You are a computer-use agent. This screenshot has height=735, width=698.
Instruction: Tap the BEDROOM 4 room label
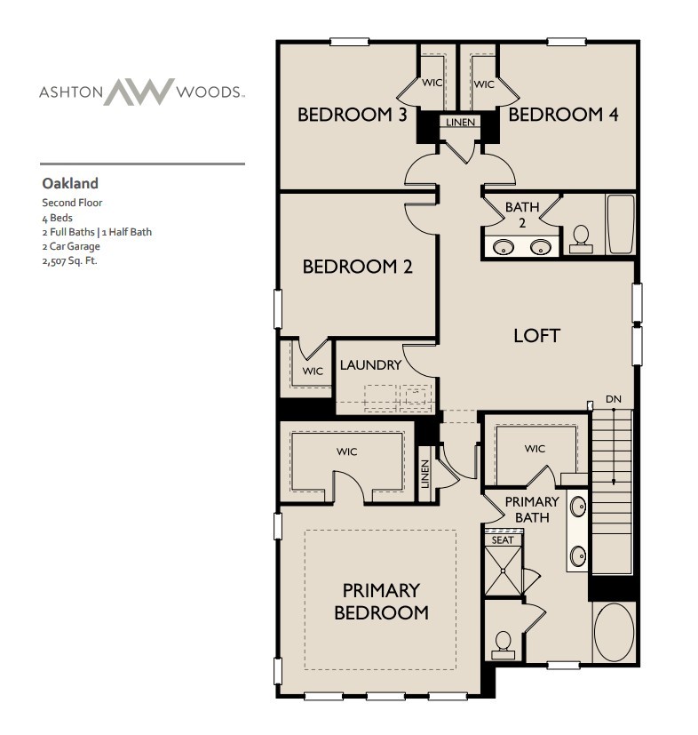click(x=563, y=115)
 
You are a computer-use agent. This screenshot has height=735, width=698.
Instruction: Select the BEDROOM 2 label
click(x=357, y=267)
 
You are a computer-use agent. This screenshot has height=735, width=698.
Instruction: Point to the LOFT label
click(x=536, y=335)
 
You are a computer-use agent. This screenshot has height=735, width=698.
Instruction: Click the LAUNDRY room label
click(x=370, y=364)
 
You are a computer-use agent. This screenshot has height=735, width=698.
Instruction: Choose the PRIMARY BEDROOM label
click(x=381, y=601)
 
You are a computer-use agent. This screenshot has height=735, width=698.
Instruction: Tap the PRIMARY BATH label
click(x=532, y=508)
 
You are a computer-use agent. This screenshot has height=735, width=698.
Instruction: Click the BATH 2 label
click(x=522, y=213)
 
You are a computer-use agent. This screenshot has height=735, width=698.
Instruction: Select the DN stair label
click(x=613, y=399)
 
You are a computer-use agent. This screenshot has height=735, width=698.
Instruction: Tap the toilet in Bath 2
click(x=582, y=236)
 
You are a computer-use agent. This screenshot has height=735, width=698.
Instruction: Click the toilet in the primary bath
click(x=504, y=642)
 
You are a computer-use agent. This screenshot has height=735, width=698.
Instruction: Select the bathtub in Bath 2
click(x=620, y=225)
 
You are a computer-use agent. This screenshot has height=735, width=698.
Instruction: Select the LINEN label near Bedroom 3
click(x=459, y=122)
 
